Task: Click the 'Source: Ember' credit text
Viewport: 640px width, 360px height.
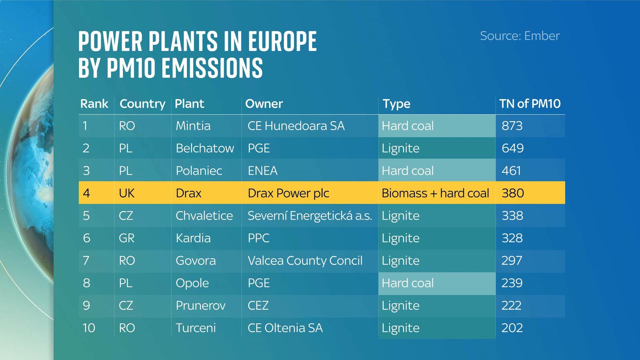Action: [x=520, y=36]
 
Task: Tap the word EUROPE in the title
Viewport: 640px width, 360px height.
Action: [x=282, y=42]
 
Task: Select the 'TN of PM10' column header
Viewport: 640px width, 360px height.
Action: [x=530, y=104]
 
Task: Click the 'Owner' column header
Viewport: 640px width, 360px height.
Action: [x=264, y=104]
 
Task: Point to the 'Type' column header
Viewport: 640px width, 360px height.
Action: [x=396, y=104]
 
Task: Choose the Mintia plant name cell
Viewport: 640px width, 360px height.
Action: [x=193, y=126]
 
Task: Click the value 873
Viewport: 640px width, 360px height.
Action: [x=512, y=126]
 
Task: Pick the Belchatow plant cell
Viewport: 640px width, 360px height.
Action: [x=204, y=148]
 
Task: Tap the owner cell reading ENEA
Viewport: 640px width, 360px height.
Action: [x=262, y=170]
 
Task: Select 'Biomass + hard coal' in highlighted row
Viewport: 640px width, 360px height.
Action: [x=435, y=193]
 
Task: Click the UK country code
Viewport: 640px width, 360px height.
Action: [x=126, y=193]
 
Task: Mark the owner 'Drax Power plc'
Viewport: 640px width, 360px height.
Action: [x=288, y=194]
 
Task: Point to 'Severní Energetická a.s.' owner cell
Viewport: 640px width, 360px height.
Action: [x=310, y=216]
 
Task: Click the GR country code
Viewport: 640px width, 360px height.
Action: [x=126, y=238]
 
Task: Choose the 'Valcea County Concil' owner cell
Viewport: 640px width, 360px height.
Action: [x=305, y=260]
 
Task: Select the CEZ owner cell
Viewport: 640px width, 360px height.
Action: [x=258, y=306]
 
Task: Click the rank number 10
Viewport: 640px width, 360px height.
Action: [x=88, y=328]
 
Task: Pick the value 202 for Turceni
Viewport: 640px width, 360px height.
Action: [x=512, y=328]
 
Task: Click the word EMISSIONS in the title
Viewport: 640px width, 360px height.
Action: [x=212, y=68]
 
